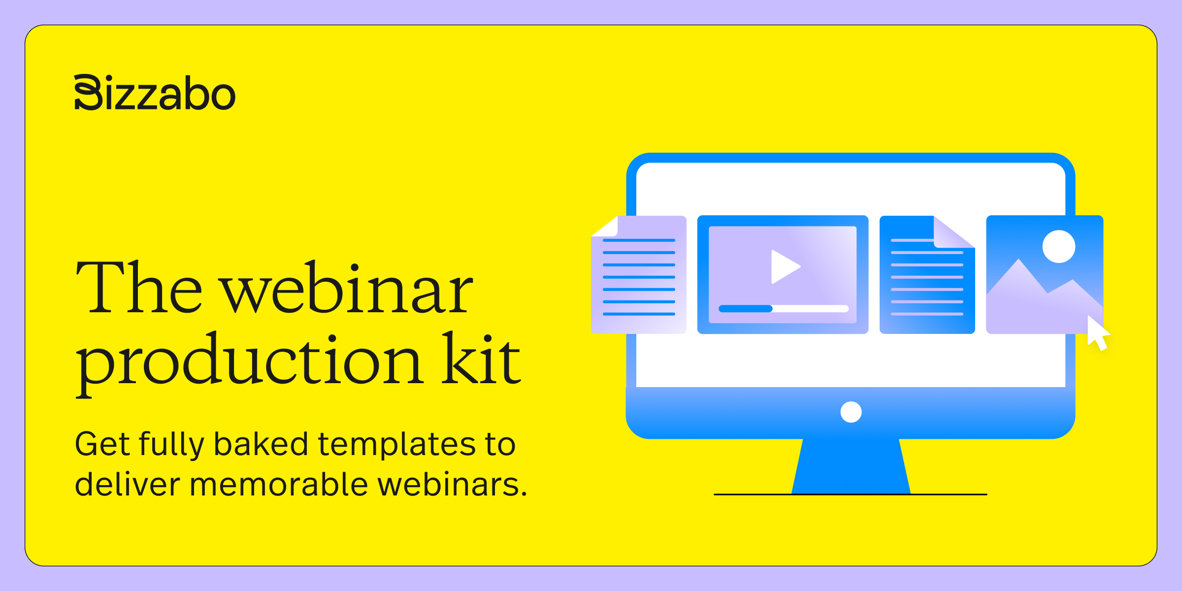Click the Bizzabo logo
pyautogui.click(x=155, y=93)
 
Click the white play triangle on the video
pyautogui.click(x=784, y=266)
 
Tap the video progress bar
pyautogui.click(x=783, y=309)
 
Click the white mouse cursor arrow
pyautogui.click(x=1097, y=333)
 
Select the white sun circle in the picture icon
pyautogui.click(x=1058, y=247)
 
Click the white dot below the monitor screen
pyautogui.click(x=851, y=412)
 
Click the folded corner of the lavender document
pyautogui.click(x=606, y=227)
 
